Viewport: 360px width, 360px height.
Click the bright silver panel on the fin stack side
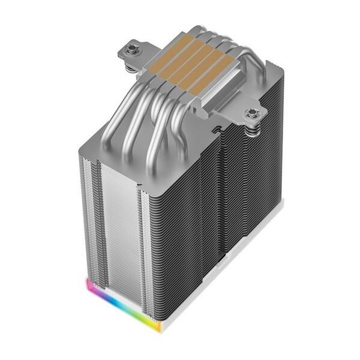click(120, 216)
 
